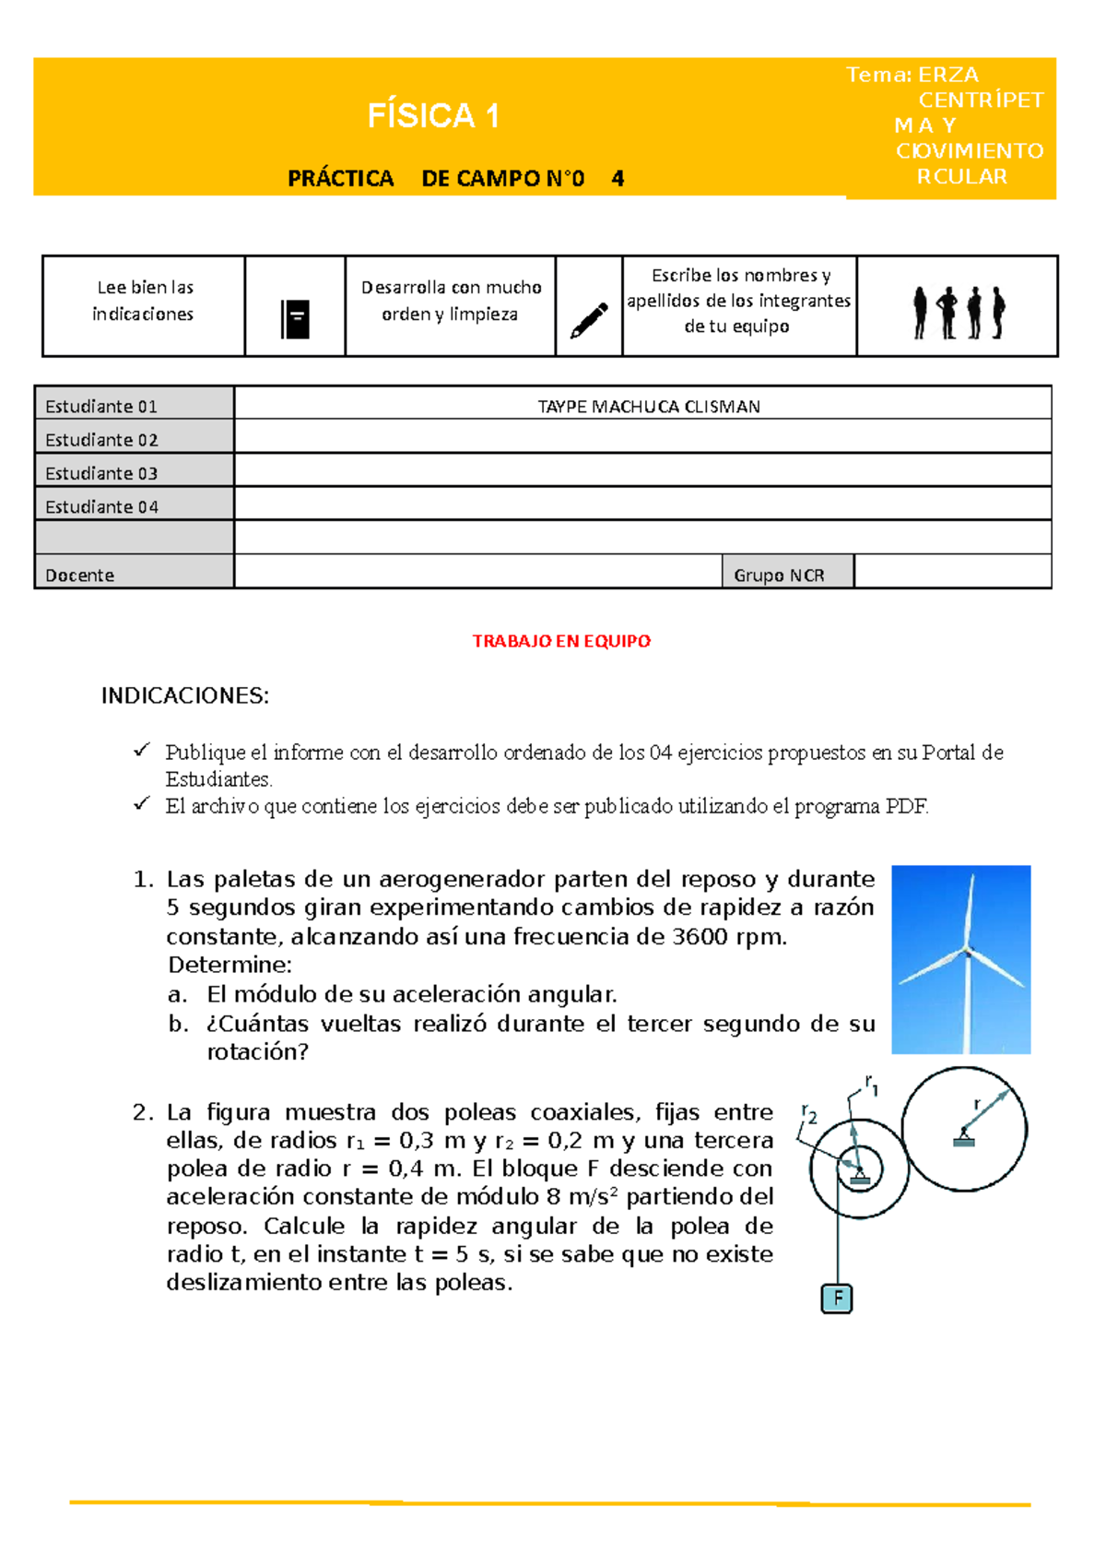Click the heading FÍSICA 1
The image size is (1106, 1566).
tap(433, 116)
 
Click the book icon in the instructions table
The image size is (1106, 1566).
tap(295, 319)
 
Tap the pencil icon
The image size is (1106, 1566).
tap(589, 320)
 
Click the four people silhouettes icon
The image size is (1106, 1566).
tap(959, 313)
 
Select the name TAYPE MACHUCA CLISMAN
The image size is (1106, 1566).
tap(649, 407)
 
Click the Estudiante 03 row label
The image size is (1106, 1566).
tap(101, 474)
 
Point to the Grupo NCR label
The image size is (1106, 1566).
tap(779, 575)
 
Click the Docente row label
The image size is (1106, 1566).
tap(80, 575)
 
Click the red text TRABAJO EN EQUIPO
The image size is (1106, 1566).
tap(561, 641)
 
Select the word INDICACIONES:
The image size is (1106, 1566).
tap(185, 696)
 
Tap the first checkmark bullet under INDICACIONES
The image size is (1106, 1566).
tap(141, 751)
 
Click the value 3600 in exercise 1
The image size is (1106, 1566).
tap(700, 937)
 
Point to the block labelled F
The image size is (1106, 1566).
tap(837, 1299)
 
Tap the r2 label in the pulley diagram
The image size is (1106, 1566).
tap(808, 1115)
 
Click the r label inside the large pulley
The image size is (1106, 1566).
tap(977, 1103)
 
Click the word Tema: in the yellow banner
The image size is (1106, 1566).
tap(879, 76)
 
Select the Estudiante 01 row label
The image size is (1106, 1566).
tap(101, 407)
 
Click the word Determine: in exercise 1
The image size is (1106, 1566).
tap(229, 966)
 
